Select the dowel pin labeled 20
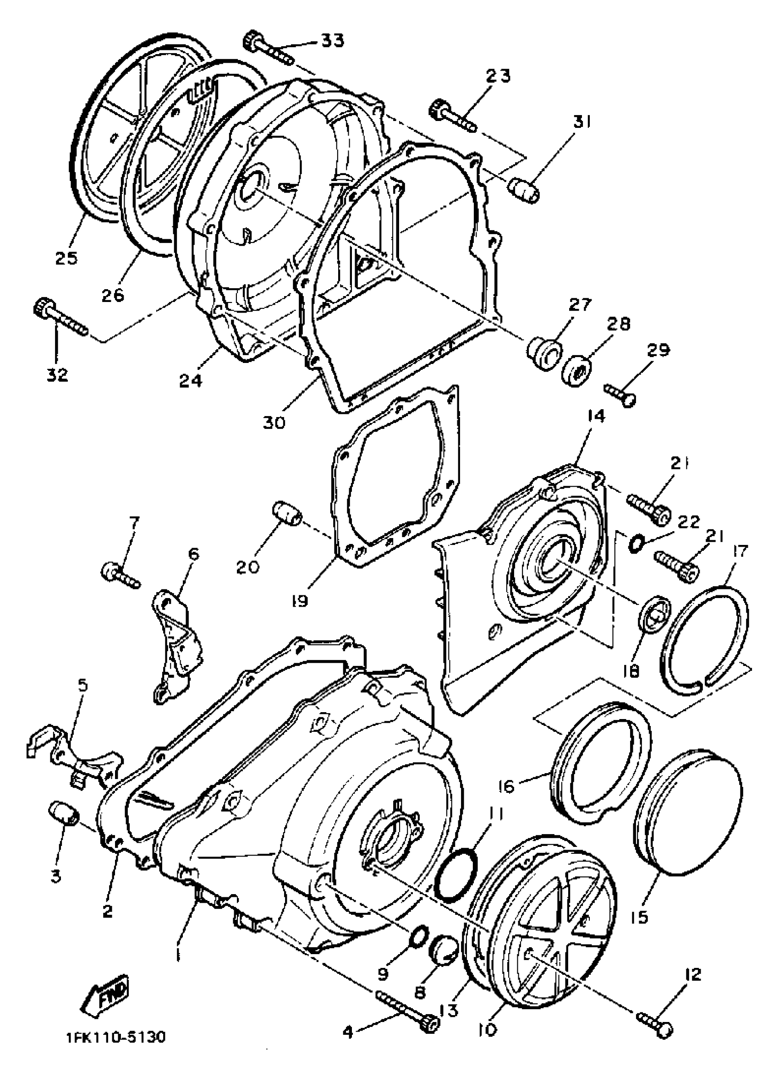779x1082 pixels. (x=286, y=513)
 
